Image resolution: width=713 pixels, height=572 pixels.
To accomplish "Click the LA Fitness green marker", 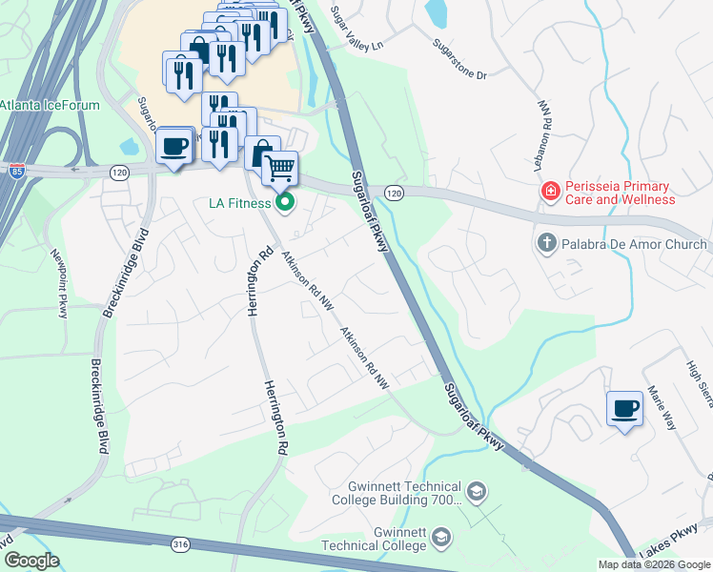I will [285, 202].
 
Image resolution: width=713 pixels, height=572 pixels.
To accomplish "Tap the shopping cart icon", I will [279, 169].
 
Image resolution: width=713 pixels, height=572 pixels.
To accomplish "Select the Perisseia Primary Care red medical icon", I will [549, 193].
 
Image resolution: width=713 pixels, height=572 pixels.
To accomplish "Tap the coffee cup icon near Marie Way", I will [624, 409].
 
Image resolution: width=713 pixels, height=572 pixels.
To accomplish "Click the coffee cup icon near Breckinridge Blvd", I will [174, 147].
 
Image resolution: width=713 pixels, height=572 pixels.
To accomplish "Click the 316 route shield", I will [181, 543].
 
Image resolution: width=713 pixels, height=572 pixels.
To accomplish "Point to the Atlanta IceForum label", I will [50, 105].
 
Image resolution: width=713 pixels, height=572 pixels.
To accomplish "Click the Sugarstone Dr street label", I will [459, 59].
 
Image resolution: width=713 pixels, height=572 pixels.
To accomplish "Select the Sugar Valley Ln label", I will [356, 30].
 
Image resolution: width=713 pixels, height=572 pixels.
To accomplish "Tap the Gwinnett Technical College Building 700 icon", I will [477, 492].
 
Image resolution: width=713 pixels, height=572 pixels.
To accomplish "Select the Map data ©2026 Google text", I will [653, 564].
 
